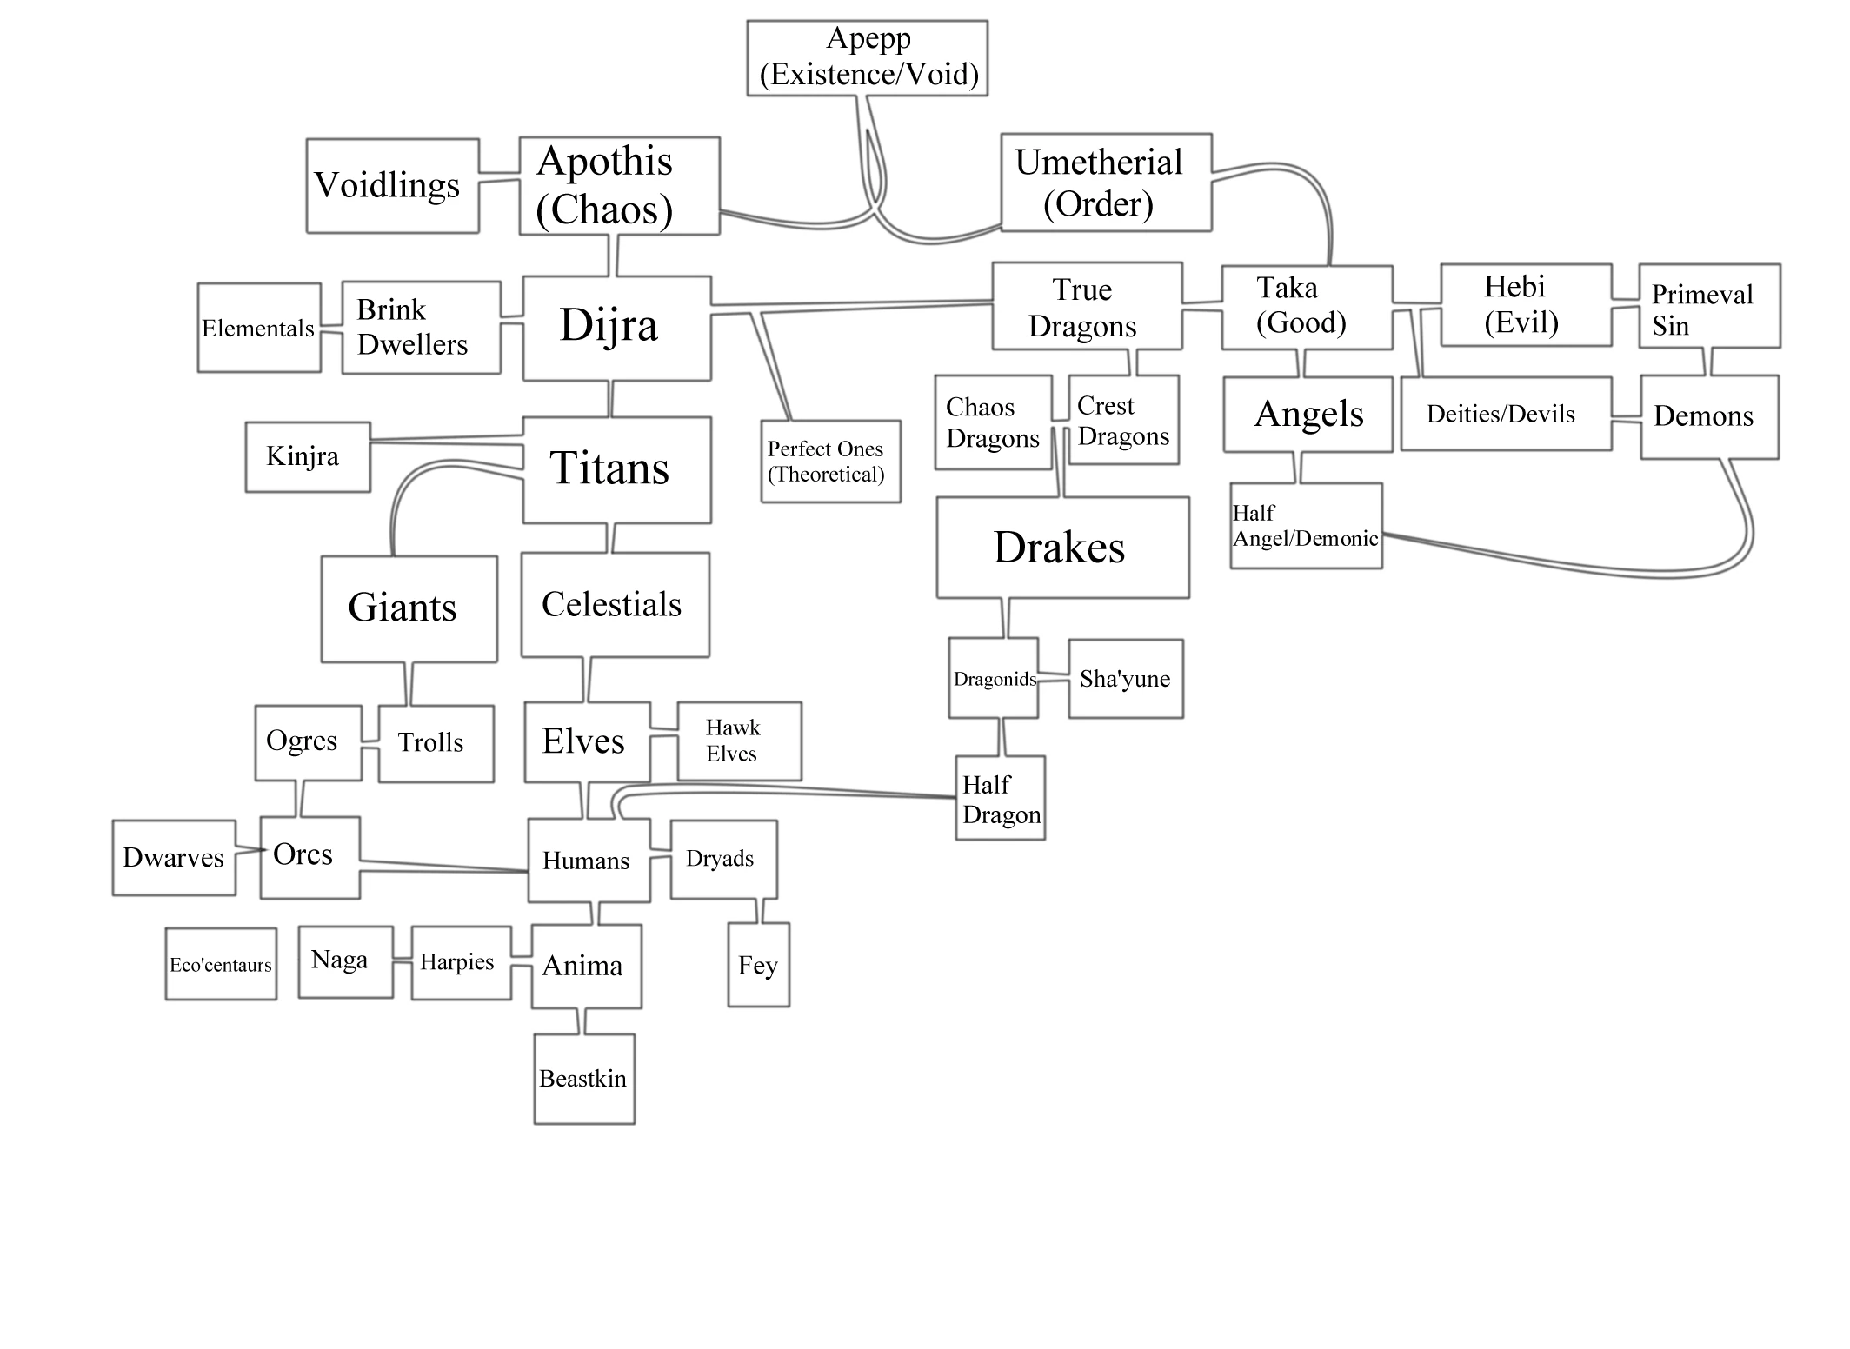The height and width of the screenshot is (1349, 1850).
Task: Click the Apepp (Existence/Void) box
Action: click(x=868, y=57)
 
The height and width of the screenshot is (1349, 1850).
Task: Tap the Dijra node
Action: click(x=616, y=328)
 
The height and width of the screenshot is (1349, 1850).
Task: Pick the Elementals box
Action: click(x=258, y=328)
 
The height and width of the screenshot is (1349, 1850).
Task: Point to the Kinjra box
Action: click(x=307, y=457)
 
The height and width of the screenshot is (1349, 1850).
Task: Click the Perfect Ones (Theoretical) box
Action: click(x=830, y=462)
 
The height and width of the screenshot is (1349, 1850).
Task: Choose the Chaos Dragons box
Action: click(x=993, y=422)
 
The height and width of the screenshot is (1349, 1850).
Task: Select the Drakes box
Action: click(x=1061, y=548)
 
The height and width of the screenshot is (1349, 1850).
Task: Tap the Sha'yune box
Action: click(x=1125, y=679)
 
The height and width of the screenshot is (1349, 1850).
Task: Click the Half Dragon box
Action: click(x=1000, y=798)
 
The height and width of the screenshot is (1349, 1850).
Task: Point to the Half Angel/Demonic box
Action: click(x=1305, y=526)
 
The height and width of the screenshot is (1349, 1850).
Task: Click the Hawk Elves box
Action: click(x=739, y=741)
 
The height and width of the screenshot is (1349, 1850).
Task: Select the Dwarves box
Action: click(x=174, y=858)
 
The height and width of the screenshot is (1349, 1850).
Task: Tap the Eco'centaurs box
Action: click(x=221, y=964)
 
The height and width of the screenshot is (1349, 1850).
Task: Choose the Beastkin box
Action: click(x=583, y=1079)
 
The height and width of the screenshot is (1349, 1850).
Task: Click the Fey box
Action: click(x=758, y=965)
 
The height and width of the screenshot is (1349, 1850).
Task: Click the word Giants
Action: click(x=403, y=608)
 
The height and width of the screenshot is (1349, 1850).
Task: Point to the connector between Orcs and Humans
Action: click(x=443, y=867)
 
